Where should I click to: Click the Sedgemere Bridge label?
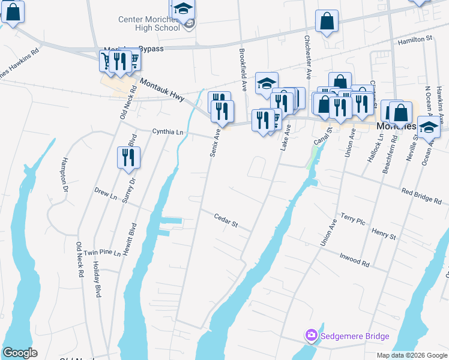pyautogui.click(x=355, y=336)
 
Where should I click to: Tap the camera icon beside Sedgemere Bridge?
pyautogui.click(x=311, y=335)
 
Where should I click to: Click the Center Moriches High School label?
pyautogui.click(x=149, y=23)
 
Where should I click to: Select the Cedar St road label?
pyautogui.click(x=226, y=220)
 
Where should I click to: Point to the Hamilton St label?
pyautogui.click(x=416, y=38)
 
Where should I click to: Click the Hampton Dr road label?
pyautogui.click(x=64, y=175)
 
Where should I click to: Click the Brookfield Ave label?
pyautogui.click(x=243, y=70)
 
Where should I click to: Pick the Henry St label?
pyautogui.click(x=384, y=233)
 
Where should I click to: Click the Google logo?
pyautogui.click(x=19, y=353)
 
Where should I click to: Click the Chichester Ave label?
pyautogui.click(x=308, y=57)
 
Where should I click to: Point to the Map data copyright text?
pyautogui.click(x=412, y=355)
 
